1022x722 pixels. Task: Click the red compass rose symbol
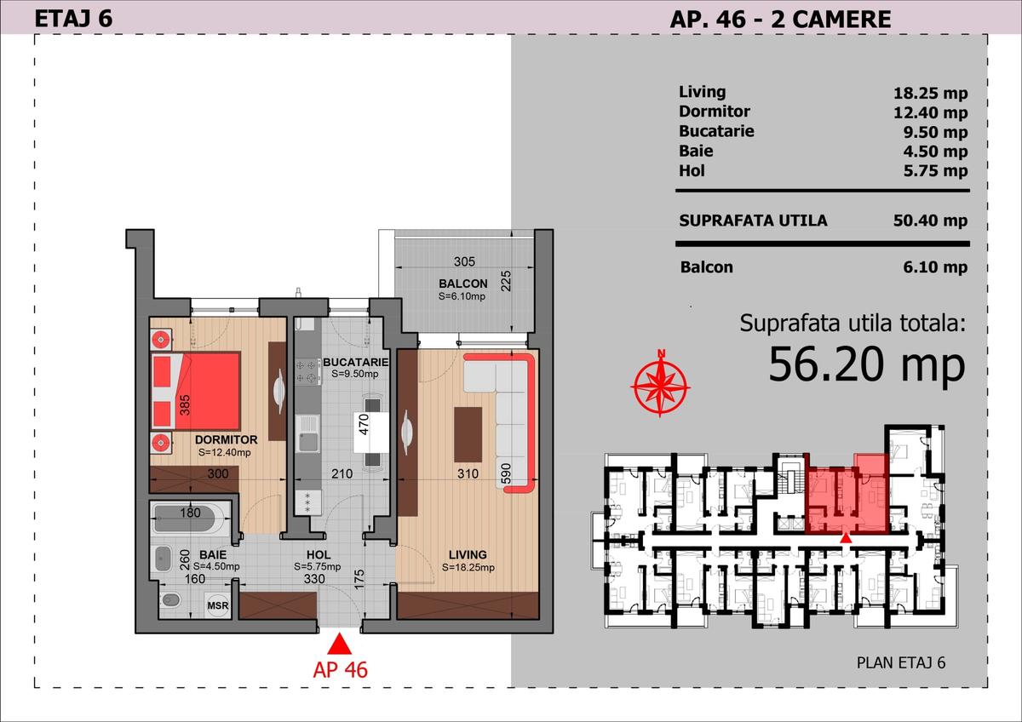coord(660,384)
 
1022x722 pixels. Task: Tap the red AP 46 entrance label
coord(340,668)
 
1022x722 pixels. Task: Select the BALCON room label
coord(463,284)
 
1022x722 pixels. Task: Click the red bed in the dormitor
coord(197,392)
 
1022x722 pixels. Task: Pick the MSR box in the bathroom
coord(217,605)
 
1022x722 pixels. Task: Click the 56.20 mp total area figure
coord(867,364)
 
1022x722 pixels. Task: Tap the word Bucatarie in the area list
coord(716,131)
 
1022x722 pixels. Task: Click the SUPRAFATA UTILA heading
coord(753,221)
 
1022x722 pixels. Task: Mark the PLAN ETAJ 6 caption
coord(901,663)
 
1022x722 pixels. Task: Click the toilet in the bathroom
coord(171,599)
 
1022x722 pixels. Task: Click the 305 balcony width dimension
coord(464,262)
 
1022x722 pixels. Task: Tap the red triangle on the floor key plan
coord(845,537)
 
